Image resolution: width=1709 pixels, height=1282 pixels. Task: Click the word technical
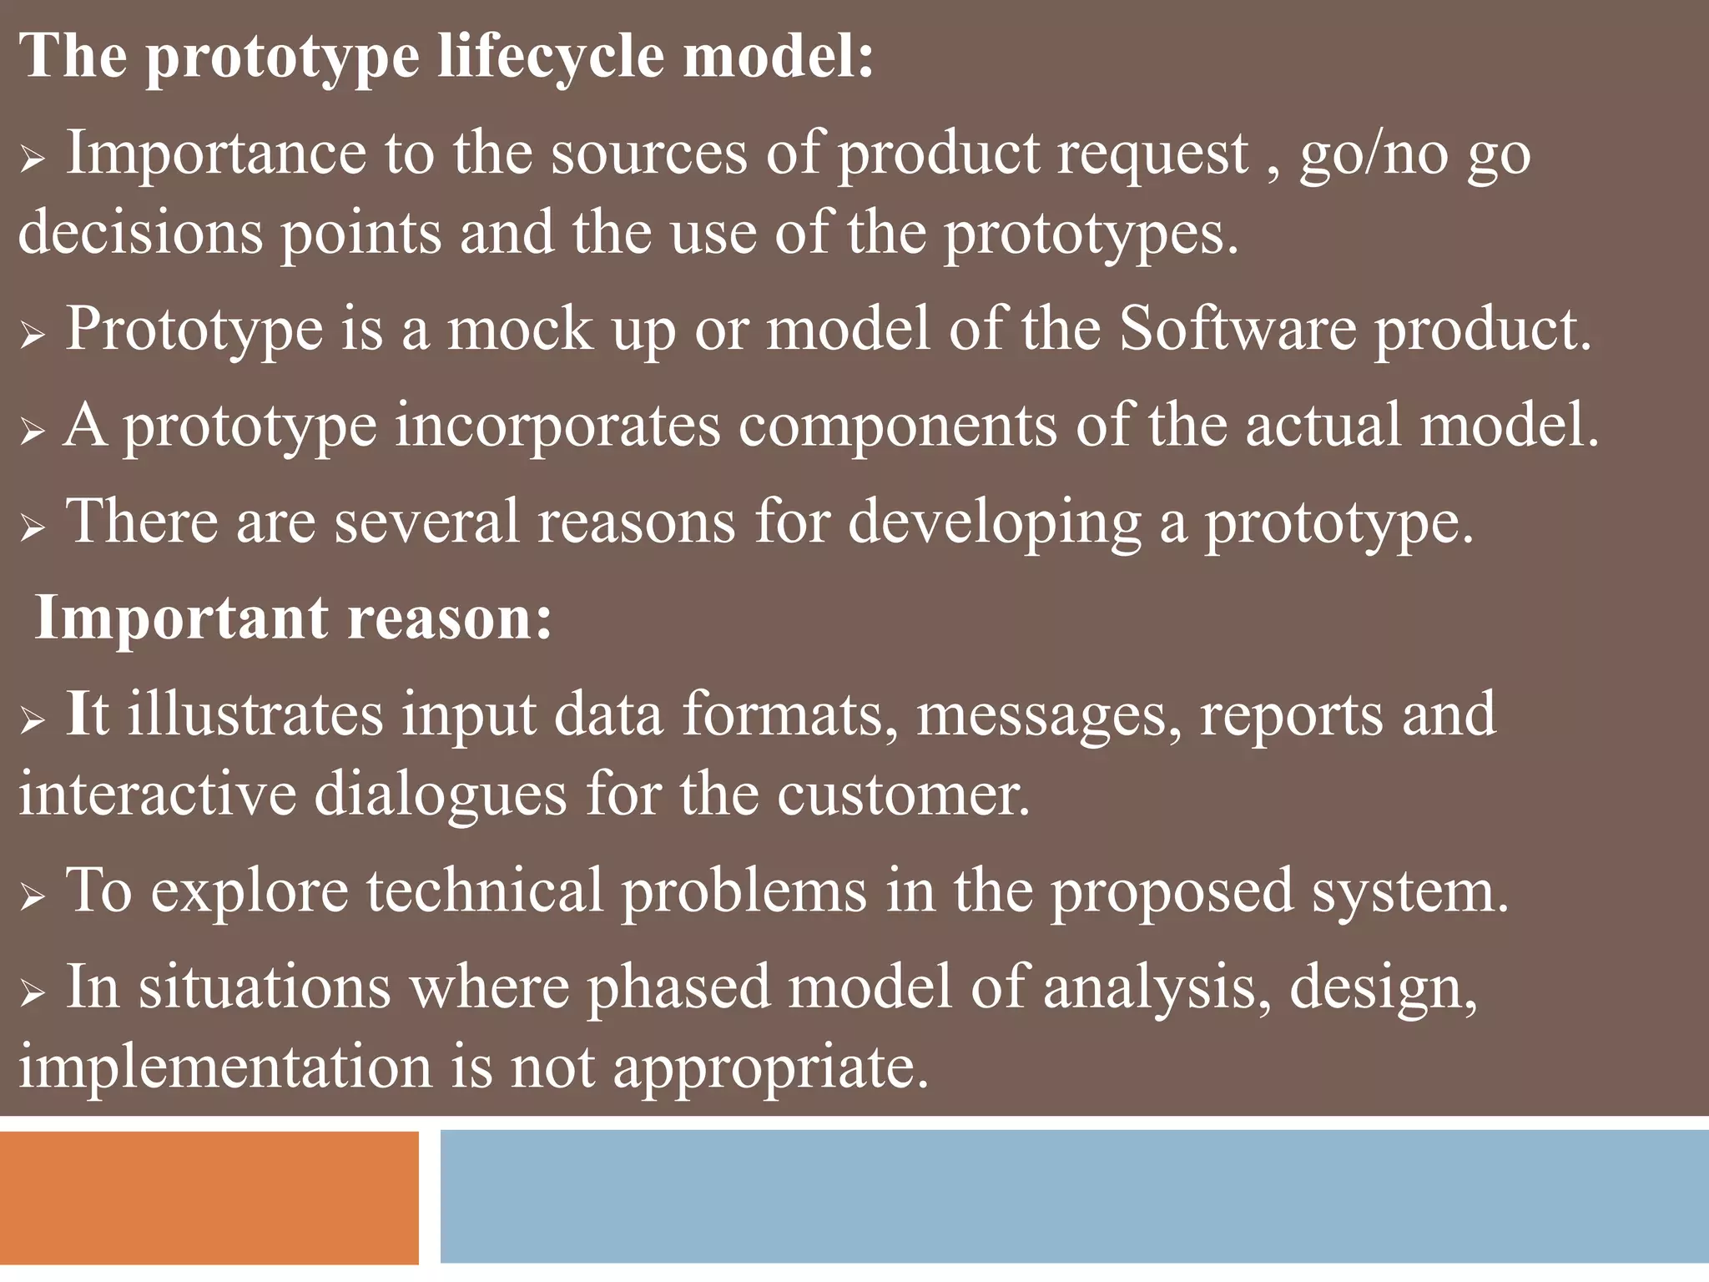point(485,891)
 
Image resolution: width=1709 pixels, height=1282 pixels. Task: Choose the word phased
point(678,988)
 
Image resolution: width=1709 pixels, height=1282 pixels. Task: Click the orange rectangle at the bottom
point(209,1198)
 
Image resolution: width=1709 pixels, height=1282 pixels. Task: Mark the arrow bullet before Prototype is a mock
point(32,336)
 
